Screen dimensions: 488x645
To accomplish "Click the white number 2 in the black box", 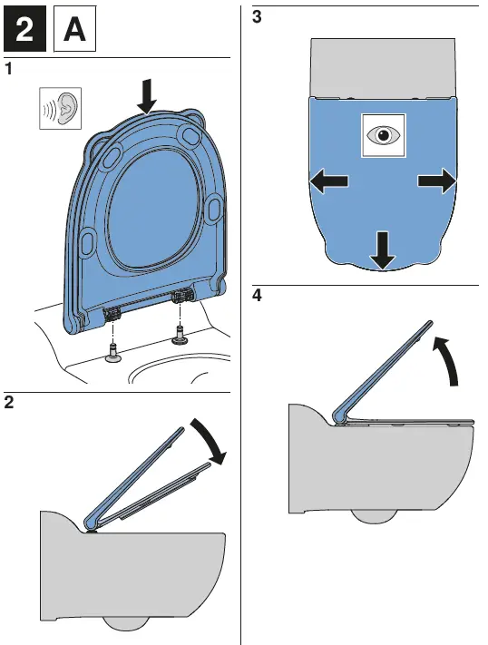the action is click(24, 29).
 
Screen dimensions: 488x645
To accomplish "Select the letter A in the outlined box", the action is click(74, 29).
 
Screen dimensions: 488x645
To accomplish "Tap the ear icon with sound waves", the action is click(60, 108).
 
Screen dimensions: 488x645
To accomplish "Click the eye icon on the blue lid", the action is click(383, 135).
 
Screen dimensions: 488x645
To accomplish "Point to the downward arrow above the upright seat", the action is click(146, 96).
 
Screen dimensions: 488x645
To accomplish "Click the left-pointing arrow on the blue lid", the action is click(328, 181).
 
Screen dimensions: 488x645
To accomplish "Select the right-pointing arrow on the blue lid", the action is click(437, 181).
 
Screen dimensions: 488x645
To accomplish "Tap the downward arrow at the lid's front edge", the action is click(382, 251).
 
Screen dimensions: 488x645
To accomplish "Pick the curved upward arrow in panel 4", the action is click(448, 358).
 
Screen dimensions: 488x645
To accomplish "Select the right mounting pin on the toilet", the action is click(179, 335).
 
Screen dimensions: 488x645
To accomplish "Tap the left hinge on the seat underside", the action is click(111, 315).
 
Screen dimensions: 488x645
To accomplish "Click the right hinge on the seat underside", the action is click(182, 295).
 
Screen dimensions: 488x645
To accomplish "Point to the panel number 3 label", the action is click(257, 17).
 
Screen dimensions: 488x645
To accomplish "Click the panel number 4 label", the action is click(257, 296).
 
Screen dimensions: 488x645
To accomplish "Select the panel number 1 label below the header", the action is click(8, 69).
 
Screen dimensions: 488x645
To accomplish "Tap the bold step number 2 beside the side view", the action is click(9, 402).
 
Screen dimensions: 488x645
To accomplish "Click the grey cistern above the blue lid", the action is click(383, 68).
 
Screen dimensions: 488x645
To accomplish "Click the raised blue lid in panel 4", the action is click(383, 372).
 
